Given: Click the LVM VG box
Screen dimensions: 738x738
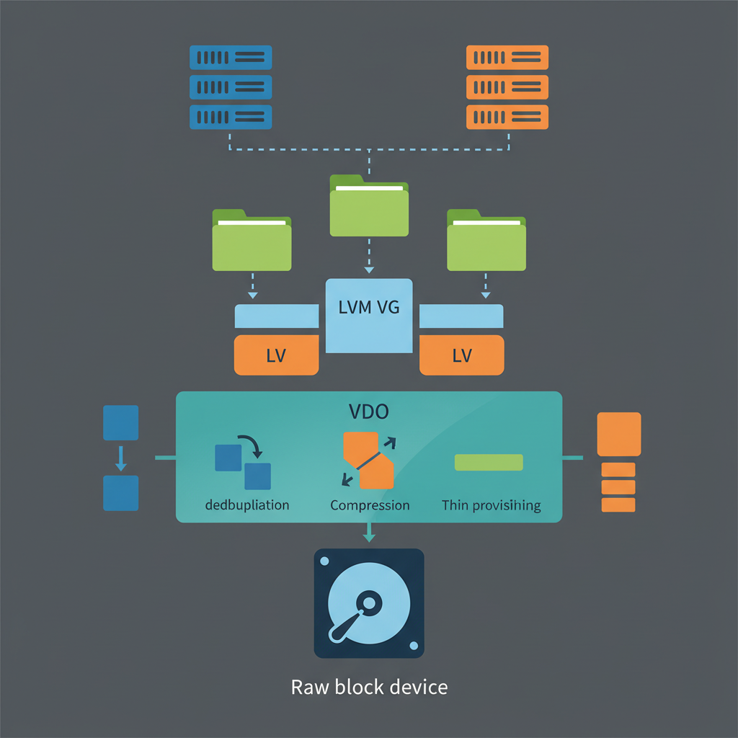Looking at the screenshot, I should [369, 316].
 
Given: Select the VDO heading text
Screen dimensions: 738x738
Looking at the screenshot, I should [369, 412].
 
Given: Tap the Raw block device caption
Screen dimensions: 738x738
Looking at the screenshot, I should [369, 687].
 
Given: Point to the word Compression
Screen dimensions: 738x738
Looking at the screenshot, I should [370, 505].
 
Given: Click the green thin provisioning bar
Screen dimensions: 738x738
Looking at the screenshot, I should [489, 462].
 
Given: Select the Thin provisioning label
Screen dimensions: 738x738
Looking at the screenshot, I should [491, 505].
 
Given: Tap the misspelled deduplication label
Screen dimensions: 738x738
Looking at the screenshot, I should [247, 505].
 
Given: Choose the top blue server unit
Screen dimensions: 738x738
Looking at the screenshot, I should [231, 57].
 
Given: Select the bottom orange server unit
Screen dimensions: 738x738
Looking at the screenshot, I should [507, 117].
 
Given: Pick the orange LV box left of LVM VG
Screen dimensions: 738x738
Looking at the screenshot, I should [277, 355].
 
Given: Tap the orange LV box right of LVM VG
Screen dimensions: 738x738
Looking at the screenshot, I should [461, 355].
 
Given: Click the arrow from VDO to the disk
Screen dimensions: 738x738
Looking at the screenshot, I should [369, 533].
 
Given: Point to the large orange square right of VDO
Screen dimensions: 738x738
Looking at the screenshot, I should [619, 434].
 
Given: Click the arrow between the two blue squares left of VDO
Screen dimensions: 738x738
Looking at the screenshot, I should [121, 458].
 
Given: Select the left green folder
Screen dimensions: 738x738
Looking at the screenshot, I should [252, 241].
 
